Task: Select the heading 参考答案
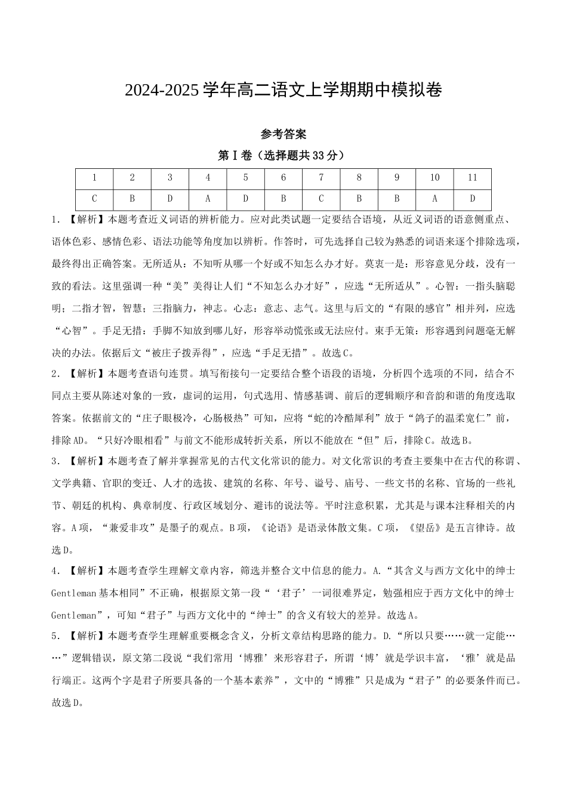click(283, 134)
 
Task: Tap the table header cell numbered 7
click(321, 178)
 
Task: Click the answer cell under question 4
click(208, 199)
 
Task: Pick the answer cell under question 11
click(472, 199)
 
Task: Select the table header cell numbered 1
click(94, 178)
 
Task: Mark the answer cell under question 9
click(397, 199)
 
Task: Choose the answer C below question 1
click(94, 199)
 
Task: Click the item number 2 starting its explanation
click(55, 374)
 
